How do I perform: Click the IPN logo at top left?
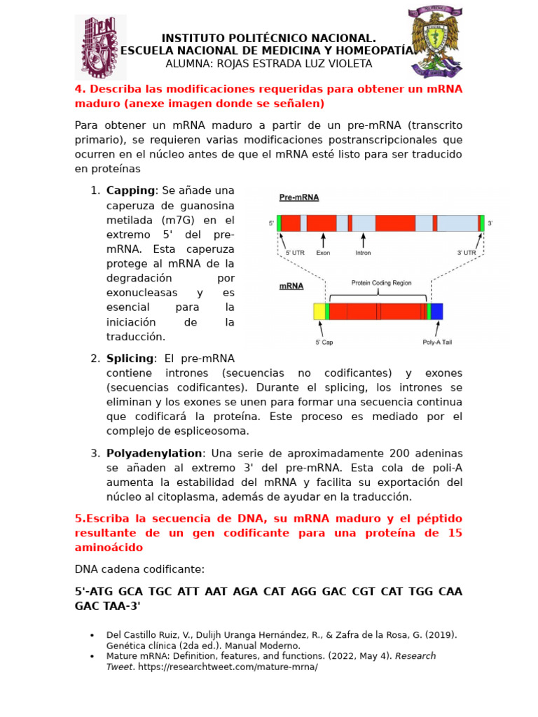[101, 46]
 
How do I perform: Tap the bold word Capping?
[130, 190]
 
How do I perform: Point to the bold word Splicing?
[130, 358]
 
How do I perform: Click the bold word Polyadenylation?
[154, 453]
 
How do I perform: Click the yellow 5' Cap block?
[319, 312]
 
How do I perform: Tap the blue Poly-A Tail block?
[436, 312]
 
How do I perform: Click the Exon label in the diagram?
[323, 253]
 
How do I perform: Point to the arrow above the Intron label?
[363, 240]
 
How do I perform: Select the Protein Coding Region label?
[381, 283]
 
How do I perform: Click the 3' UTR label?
[467, 253]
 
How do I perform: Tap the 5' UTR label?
[294, 253]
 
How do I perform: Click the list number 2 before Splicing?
[95, 358]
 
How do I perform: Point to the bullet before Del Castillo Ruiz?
[92, 635]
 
